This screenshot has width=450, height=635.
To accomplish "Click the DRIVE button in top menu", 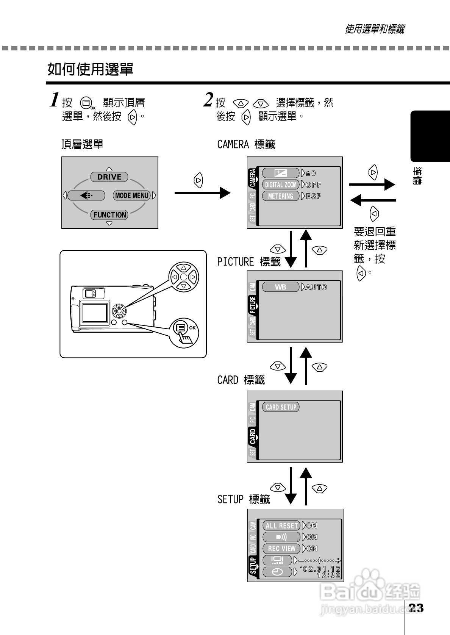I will [109, 177].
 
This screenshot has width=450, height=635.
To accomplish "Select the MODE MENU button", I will [132, 196].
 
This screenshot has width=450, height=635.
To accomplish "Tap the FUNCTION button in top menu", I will [109, 215].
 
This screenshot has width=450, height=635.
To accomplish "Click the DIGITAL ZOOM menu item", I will [281, 185].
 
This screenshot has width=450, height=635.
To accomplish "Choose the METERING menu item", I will [281, 196].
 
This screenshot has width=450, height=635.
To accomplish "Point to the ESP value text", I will [314, 196].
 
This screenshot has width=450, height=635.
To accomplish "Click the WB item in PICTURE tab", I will [281, 287].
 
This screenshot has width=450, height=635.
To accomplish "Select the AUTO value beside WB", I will [316, 287].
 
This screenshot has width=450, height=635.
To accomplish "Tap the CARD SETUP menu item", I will [281, 407].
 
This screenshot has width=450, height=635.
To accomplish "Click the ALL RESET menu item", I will [281, 526].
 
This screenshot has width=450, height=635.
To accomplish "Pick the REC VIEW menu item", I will [281, 548].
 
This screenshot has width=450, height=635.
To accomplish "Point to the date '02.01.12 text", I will [320, 569].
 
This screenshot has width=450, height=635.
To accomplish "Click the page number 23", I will [416, 608].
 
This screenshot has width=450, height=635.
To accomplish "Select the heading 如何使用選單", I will [90, 69].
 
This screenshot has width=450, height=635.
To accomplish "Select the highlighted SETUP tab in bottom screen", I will [253, 566].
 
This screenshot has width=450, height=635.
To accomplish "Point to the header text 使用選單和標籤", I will [374, 29].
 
